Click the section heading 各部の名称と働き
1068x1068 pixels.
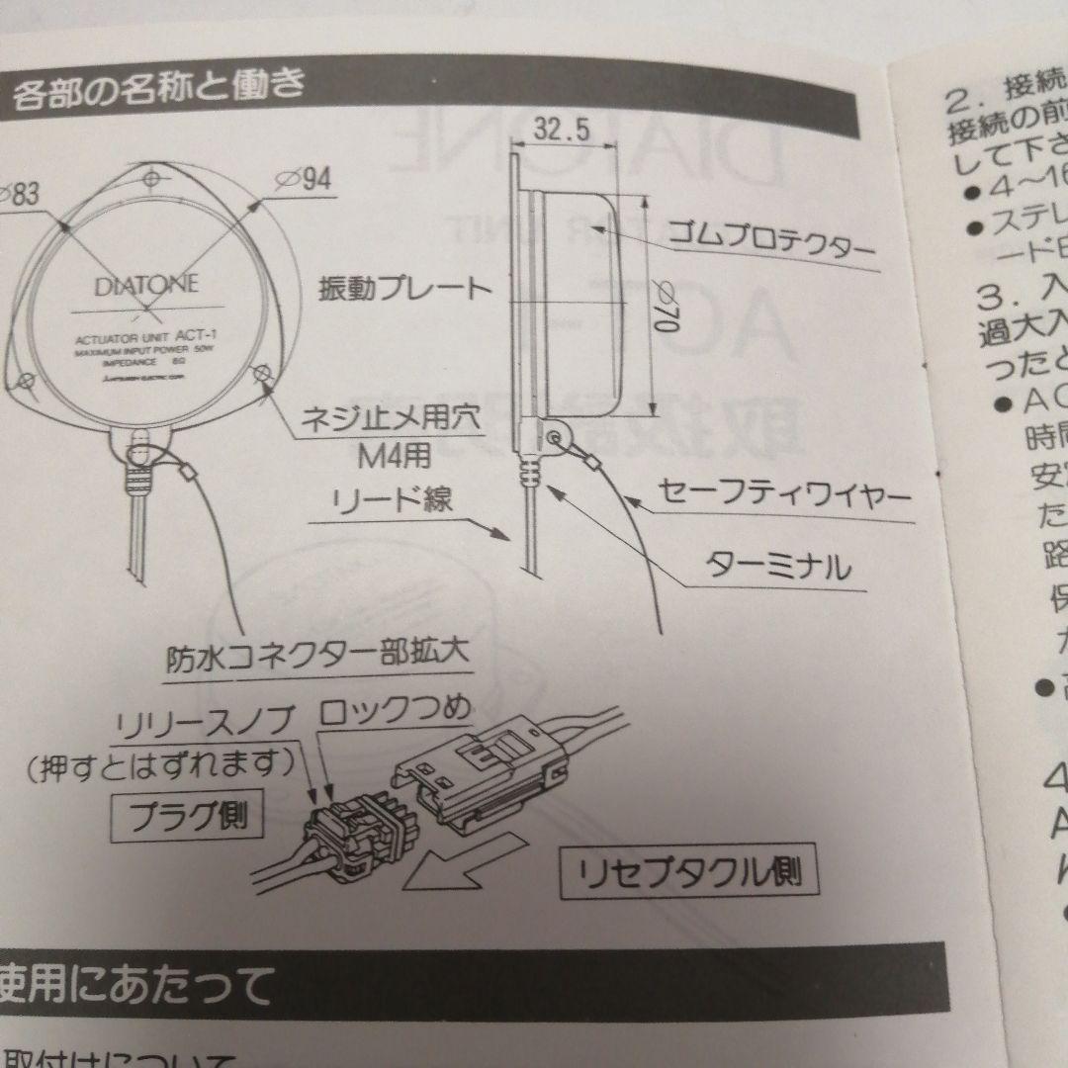point(158,96)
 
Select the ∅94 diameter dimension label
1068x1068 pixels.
point(303,179)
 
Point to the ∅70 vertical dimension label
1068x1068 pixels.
point(664,308)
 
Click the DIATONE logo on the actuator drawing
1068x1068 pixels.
point(147,286)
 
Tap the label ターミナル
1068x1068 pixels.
point(777,567)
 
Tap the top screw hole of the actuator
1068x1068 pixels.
point(152,179)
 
